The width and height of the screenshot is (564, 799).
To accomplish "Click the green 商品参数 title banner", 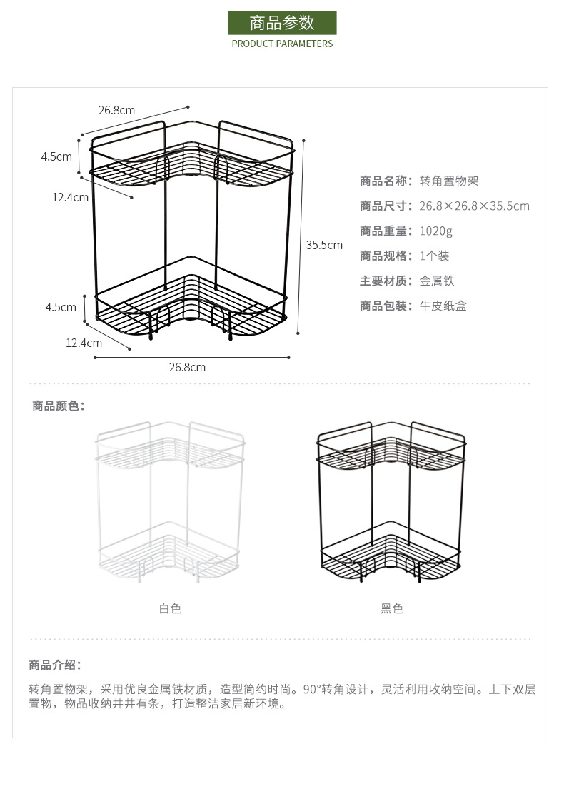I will click(282, 23).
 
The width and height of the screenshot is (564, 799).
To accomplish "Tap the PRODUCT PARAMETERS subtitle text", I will click(282, 44).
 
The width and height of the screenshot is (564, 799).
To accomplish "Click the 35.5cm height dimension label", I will click(324, 245).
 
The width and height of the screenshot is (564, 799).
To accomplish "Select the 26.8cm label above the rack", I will click(116, 110).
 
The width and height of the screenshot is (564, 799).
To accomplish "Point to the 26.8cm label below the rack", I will click(187, 367).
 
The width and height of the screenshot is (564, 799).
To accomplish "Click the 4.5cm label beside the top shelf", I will click(56, 156).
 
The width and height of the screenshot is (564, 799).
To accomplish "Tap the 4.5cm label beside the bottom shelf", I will click(61, 308).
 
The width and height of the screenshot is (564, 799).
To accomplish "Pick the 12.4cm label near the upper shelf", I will click(70, 197).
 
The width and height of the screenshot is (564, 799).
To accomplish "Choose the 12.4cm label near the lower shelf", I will click(84, 343).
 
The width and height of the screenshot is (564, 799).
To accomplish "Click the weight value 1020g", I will click(435, 231).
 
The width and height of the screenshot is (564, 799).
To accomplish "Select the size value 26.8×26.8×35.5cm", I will click(474, 206).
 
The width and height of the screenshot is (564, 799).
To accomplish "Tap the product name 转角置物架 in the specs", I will click(448, 181).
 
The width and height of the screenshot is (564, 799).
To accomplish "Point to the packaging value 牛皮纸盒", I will click(443, 306).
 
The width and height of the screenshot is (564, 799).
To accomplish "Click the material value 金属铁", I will click(437, 281).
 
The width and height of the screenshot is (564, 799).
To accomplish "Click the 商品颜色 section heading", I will click(59, 406).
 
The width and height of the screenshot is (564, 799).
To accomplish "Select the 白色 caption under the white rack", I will click(170, 608).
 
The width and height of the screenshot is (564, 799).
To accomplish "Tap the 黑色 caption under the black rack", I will click(392, 608).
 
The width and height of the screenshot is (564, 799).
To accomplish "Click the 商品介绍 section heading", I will click(55, 665).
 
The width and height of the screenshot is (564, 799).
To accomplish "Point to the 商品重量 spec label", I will click(386, 231).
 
